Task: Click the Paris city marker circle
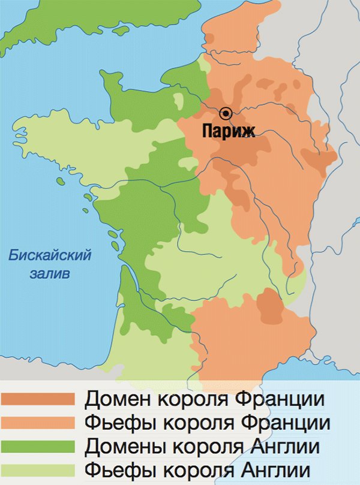point(226,113)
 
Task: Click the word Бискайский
point(50,256)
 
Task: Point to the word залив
point(50,274)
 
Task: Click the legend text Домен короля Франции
point(205,399)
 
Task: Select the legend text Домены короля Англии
point(201,446)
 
